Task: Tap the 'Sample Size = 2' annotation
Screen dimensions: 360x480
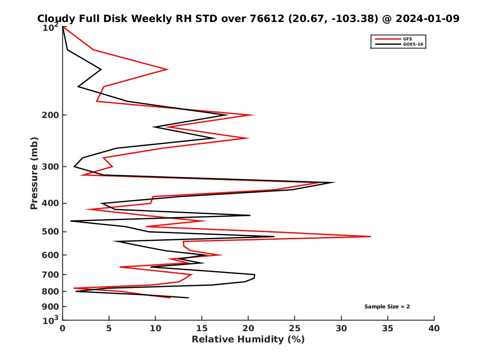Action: coord(387,307)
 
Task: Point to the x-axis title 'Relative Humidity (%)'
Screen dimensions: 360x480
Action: coord(248,340)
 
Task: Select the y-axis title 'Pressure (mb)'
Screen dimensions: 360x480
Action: coord(34,173)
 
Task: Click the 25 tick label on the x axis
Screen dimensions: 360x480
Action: coord(295,328)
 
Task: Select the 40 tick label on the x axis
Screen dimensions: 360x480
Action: coord(434,328)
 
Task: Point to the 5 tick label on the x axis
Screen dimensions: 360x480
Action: coord(109,328)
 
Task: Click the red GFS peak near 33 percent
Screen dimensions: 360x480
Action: coord(370,236)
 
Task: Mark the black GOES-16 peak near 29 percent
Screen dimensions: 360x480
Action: coord(334,182)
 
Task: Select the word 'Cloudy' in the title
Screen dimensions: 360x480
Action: coord(55,18)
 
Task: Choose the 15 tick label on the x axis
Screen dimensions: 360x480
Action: coord(202,328)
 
